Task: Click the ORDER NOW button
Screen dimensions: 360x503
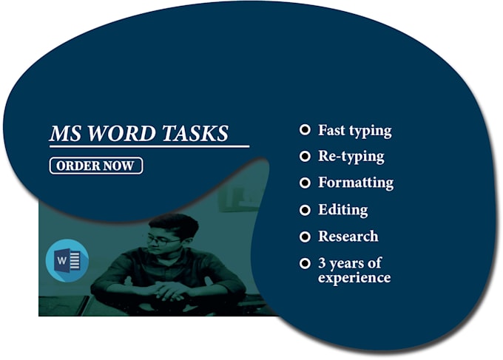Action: click(95, 166)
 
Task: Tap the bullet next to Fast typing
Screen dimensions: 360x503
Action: click(304, 130)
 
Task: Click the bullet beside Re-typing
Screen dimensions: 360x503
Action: click(304, 157)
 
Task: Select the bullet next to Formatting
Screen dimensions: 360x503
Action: click(304, 183)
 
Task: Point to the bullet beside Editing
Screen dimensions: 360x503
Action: click(304, 210)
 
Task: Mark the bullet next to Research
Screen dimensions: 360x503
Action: click(304, 237)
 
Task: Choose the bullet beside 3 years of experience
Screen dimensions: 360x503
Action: click(304, 263)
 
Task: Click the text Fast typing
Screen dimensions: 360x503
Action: click(354, 131)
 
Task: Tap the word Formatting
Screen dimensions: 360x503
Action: click(355, 183)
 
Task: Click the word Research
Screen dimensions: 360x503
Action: click(348, 237)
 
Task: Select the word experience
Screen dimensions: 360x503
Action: click(354, 278)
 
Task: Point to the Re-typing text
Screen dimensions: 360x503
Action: click(351, 157)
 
